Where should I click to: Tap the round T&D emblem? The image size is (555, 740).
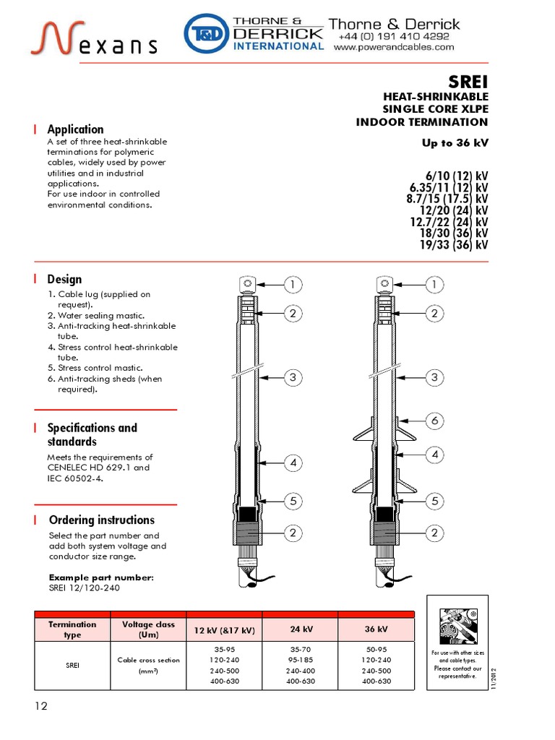click(205, 35)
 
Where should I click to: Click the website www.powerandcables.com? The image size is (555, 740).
click(394, 48)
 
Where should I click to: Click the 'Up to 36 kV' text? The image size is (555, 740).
click(455, 142)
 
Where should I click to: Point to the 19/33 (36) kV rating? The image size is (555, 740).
click(454, 245)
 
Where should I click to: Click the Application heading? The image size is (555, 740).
click(75, 129)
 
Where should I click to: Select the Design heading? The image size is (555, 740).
click(64, 279)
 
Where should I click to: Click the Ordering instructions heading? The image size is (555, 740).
click(101, 520)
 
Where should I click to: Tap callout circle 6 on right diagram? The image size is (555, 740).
click(434, 420)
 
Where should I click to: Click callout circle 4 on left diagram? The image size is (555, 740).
click(293, 462)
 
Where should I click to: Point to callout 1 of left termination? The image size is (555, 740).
click(293, 285)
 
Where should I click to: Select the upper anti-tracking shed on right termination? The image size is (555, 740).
click(382, 434)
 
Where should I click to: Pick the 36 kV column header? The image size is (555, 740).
click(376, 629)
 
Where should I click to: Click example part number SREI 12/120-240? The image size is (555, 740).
click(84, 588)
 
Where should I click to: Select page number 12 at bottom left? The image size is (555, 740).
click(40, 706)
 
